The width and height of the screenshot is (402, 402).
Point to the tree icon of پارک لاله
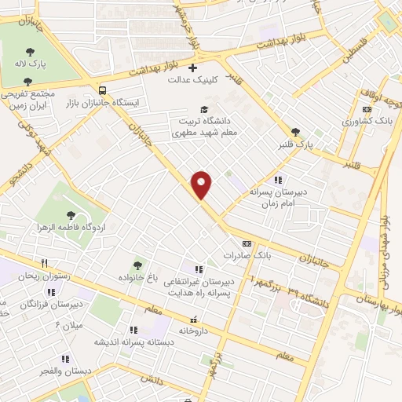point(30,51)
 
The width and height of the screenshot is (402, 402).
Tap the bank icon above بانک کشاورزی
point(367,109)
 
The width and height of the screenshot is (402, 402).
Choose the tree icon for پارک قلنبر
point(295,132)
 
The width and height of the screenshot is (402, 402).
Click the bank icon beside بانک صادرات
point(247,243)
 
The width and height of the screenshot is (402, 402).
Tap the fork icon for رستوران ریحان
point(45,264)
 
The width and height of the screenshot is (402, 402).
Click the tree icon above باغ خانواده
point(139,265)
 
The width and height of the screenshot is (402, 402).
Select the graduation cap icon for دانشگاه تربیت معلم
point(204,109)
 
